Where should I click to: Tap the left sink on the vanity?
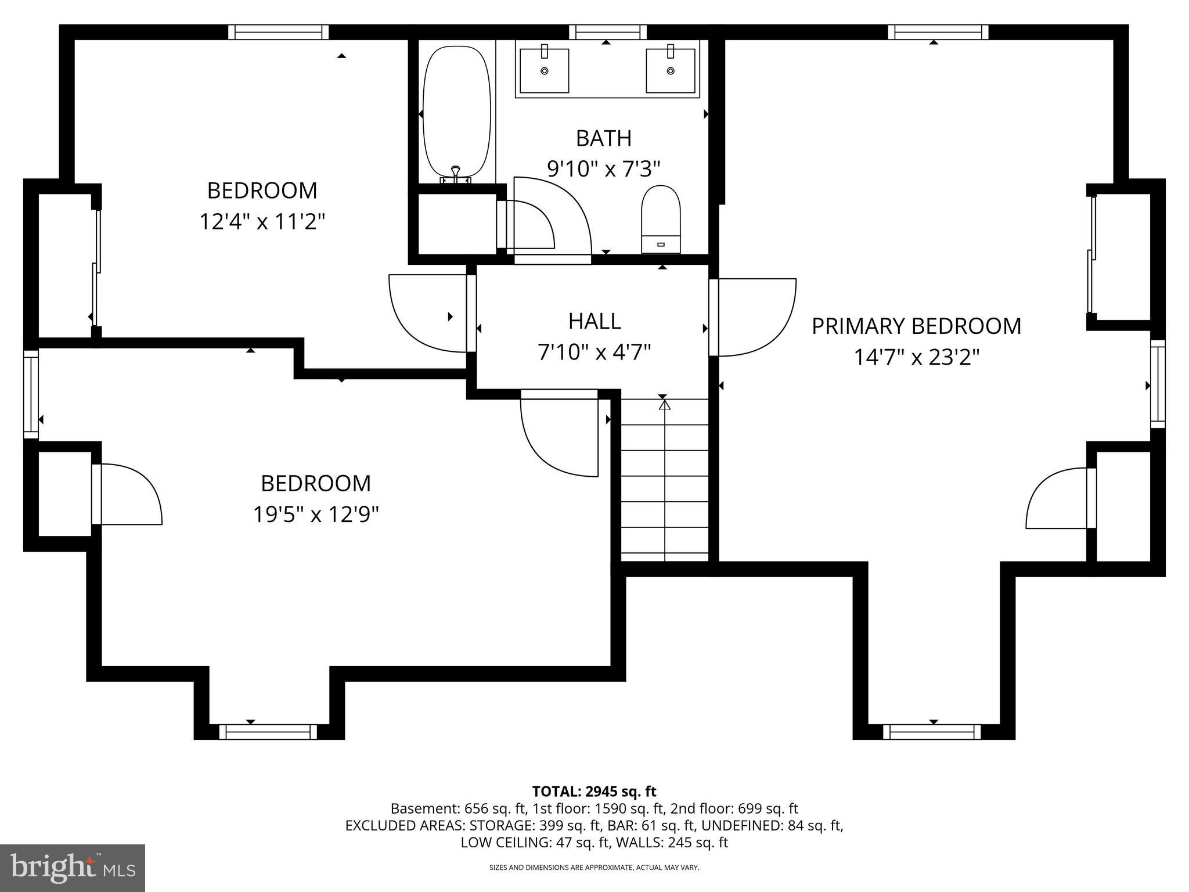coord(544,71)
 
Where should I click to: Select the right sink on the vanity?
coord(671,71)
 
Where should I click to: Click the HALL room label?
coord(594,321)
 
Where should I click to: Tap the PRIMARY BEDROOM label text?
coord(916,326)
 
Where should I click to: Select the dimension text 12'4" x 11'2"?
coord(262,222)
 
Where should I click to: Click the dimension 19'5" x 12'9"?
coord(316,515)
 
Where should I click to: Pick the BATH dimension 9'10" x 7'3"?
coord(604,170)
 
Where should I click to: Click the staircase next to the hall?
coord(665,480)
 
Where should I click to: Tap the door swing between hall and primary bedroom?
coord(755,316)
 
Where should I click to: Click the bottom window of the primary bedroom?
coord(932,732)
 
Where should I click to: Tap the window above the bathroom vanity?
coord(607,32)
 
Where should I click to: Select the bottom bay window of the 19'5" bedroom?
coord(268,732)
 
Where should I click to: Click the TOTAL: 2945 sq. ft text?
coord(594,792)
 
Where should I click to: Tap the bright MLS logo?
coord(73,868)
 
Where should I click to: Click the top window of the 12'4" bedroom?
coord(279,32)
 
